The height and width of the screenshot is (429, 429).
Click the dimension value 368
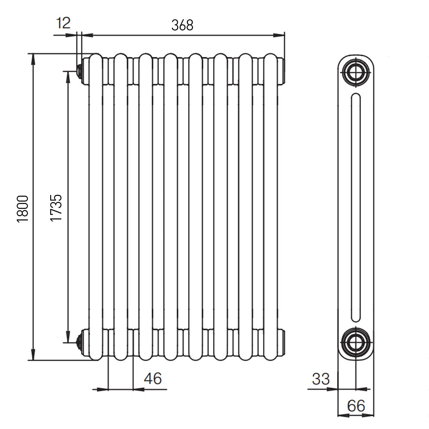(x=182, y=25)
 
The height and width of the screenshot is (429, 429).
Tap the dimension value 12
(x=63, y=23)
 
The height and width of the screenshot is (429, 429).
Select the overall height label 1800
(x=22, y=209)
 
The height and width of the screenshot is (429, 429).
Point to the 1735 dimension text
(x=56, y=208)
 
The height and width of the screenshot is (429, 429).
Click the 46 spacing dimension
(x=153, y=378)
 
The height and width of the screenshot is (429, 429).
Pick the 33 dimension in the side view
(x=321, y=379)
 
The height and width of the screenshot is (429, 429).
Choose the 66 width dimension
(x=356, y=406)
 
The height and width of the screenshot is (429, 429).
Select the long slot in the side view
(x=356, y=207)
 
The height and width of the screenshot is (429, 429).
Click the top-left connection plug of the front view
(x=79, y=71)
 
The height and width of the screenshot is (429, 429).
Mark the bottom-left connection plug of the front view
(x=79, y=342)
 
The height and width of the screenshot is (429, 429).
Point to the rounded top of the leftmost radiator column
(x=96, y=59)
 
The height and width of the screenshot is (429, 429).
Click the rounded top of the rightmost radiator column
(x=271, y=59)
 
